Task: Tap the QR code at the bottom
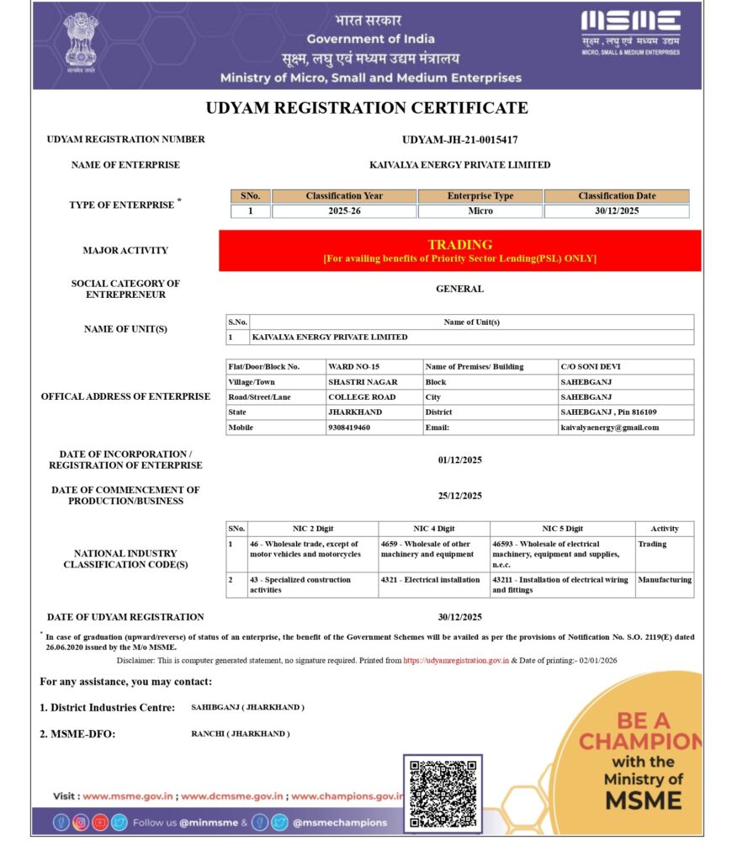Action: pos(443,793)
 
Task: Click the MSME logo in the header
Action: pos(630,32)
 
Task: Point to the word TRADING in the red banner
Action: pos(459,244)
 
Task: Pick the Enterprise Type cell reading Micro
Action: pos(480,210)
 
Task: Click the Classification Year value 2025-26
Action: pos(344,210)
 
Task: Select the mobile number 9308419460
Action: pos(349,428)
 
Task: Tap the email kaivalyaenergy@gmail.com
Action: pos(610,428)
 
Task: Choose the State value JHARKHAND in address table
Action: pos(355,412)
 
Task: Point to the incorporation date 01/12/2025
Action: pos(459,460)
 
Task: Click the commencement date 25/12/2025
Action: pos(459,496)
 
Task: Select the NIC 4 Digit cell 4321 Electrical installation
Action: pos(431,580)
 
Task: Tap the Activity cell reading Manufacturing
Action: pos(665,580)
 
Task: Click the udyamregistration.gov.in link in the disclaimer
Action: pos(455,661)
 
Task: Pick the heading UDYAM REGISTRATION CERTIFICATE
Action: pos(367,108)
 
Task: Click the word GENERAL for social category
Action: pos(459,289)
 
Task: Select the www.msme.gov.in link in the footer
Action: pos(128,795)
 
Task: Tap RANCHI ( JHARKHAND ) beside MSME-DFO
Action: pos(241,734)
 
